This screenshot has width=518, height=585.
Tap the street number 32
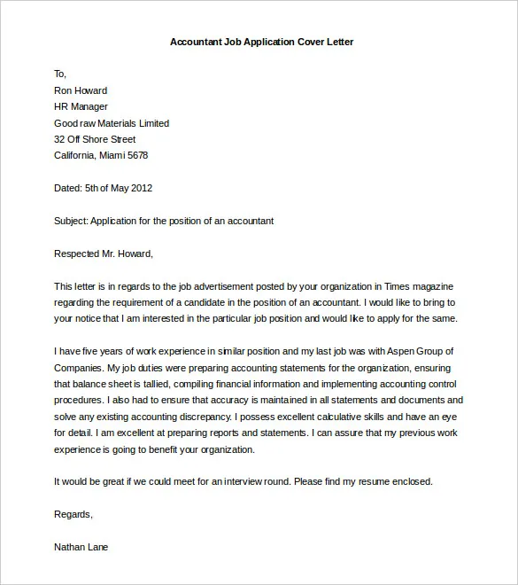pos(59,139)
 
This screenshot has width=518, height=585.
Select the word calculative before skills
pos(350,417)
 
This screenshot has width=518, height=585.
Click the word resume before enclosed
pos(373,481)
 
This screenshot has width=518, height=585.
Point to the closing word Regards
pos(73,514)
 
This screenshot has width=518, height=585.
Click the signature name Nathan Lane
pos(81,547)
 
